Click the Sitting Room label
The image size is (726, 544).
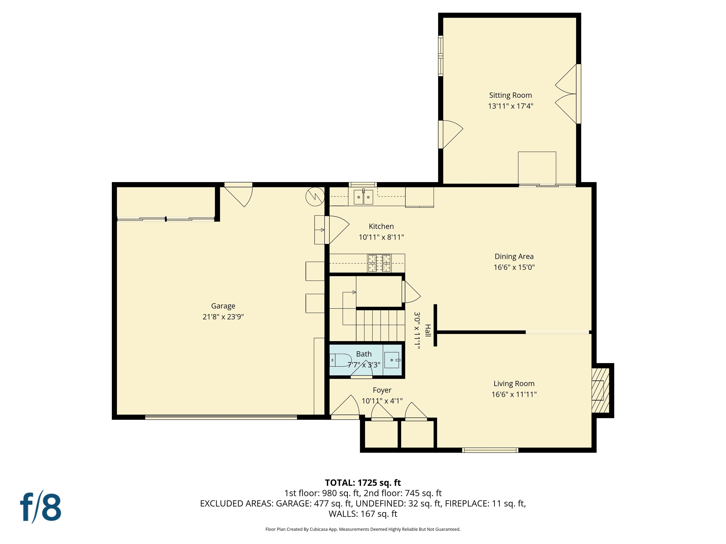(510, 95)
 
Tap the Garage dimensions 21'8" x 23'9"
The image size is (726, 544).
(223, 317)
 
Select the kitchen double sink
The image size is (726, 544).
(363, 197)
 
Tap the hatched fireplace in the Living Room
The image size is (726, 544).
(600, 390)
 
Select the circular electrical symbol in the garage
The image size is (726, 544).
(315, 196)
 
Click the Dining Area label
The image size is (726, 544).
(514, 256)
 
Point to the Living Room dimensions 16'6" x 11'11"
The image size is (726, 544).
(514, 394)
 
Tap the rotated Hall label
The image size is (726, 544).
(428, 331)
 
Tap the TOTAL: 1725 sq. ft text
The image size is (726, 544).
(363, 483)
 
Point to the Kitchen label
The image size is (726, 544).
(381, 226)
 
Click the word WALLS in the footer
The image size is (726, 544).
(343, 514)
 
